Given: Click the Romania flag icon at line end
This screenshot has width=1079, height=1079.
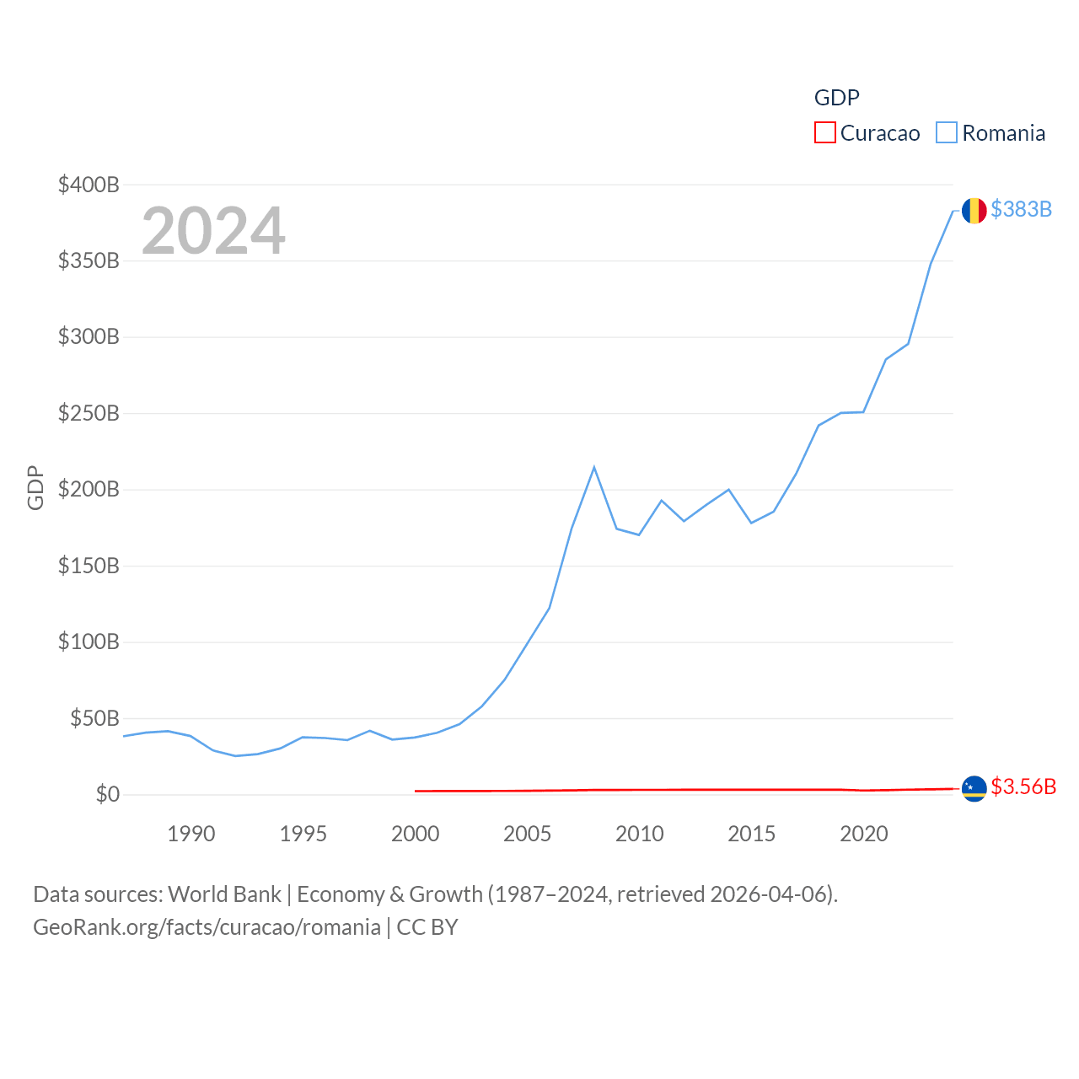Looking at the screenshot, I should pos(974,210).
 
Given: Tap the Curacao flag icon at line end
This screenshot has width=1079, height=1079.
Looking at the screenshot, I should pos(974,788).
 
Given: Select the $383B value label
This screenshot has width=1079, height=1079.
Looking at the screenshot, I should pos(1021,209).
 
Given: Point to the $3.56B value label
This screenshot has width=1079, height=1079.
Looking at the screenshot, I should pos(1023,786).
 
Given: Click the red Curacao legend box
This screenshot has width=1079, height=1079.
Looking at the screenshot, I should pos(824,133).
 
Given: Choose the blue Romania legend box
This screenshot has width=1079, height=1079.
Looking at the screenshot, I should pos(947,133).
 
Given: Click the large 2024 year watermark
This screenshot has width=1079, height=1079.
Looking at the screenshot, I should pos(213,231).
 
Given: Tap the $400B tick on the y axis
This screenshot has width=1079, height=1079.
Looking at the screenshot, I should pos(89,185).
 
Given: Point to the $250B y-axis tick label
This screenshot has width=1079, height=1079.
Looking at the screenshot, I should pos(89,413).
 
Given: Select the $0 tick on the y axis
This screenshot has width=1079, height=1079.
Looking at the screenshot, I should pos(107,794).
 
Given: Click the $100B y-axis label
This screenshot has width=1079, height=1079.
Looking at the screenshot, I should pos(89,641).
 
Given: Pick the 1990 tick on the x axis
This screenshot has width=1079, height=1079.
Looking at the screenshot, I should pos(191,834).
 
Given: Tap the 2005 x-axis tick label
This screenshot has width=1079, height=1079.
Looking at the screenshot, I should pos(527,834).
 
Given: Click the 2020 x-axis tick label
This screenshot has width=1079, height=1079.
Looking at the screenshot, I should pos(863,834).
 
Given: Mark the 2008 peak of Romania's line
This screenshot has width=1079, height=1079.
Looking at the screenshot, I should pos(594,467).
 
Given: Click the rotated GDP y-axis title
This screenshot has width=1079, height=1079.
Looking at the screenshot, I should pos(35,487).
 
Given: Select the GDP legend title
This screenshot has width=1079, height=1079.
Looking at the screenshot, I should pos(836,98).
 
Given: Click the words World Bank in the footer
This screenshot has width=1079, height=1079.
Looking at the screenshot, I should pos(224,894).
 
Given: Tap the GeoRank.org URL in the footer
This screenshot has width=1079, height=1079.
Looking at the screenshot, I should pos(207,927).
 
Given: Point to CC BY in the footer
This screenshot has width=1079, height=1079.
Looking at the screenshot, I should pos(427,927).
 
